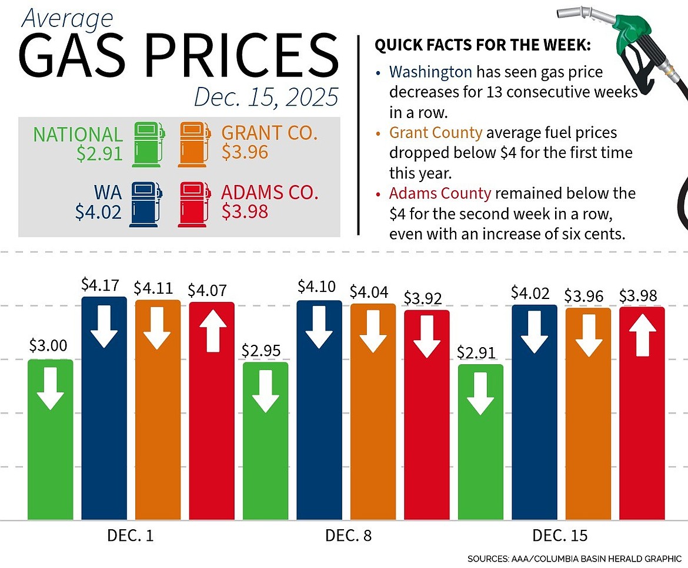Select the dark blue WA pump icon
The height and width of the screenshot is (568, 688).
point(146,204)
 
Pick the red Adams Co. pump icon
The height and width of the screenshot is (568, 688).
point(194,204)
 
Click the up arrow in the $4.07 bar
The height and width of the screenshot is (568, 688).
point(212,332)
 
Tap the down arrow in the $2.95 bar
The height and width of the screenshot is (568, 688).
point(265,392)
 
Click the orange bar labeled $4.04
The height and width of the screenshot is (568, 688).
point(373,411)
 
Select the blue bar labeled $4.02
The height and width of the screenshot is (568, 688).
point(534,411)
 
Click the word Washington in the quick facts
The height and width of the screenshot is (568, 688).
point(430,72)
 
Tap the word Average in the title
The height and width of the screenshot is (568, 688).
point(66,19)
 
